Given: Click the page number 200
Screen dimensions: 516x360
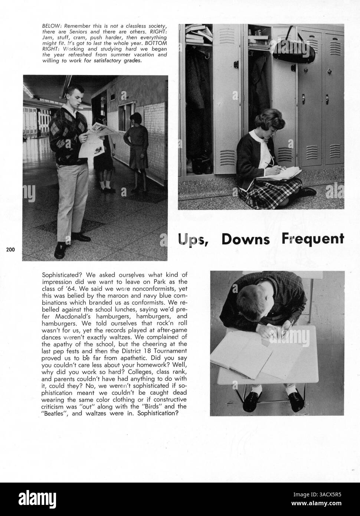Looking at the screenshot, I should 10,249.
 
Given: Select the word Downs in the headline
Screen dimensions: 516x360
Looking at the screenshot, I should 245,239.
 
